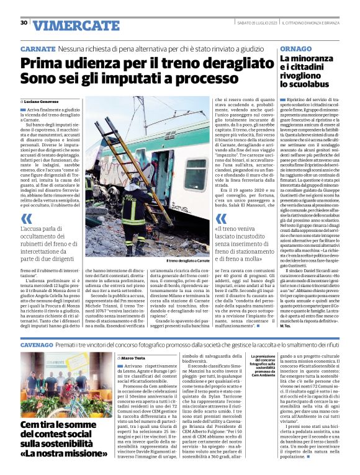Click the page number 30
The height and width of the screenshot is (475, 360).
click(x=24, y=22)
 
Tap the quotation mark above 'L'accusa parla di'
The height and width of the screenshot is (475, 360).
click(x=25, y=218)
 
